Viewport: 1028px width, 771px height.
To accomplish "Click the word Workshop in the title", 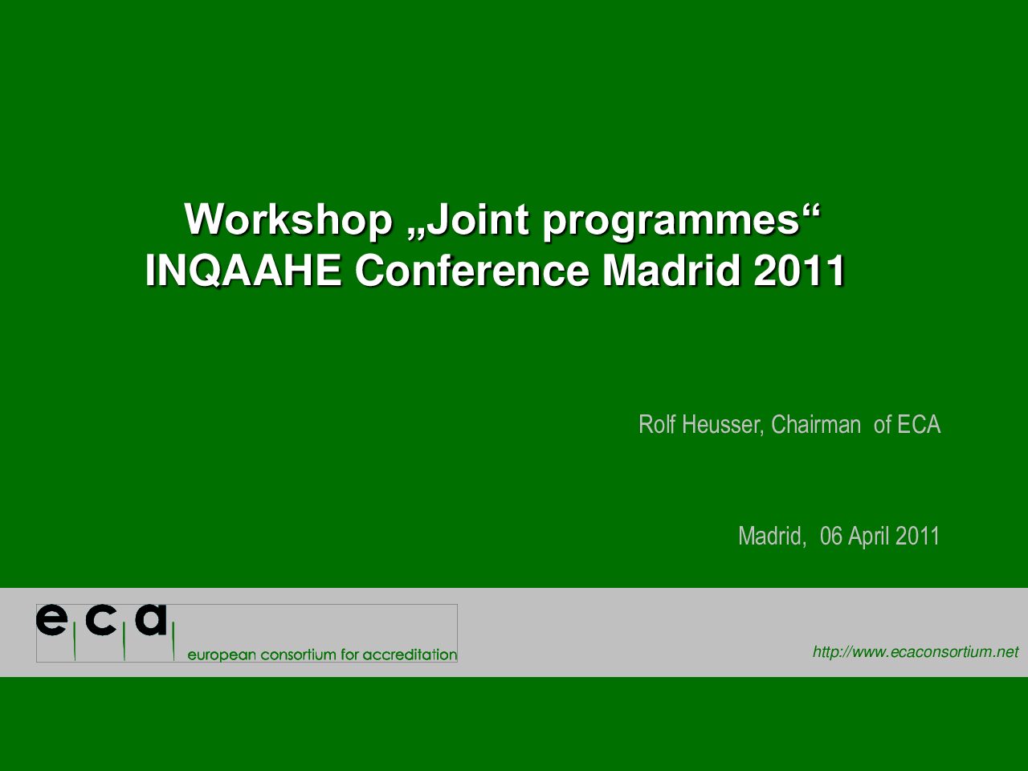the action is [288, 219].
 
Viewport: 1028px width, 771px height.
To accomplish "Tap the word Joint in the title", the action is [478, 219].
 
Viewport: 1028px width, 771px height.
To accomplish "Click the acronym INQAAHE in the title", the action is [243, 271].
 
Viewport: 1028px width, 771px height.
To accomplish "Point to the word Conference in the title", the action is [472, 271].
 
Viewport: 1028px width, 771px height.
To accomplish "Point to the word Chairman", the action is [816, 424].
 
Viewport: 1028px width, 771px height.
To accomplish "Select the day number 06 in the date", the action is [831, 536].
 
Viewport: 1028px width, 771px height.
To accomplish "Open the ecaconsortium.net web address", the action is [916, 651].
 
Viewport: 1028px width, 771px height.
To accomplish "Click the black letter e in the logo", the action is [51, 620].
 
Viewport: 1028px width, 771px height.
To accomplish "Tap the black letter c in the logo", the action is [100, 620].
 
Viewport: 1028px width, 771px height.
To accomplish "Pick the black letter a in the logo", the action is [151, 620].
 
